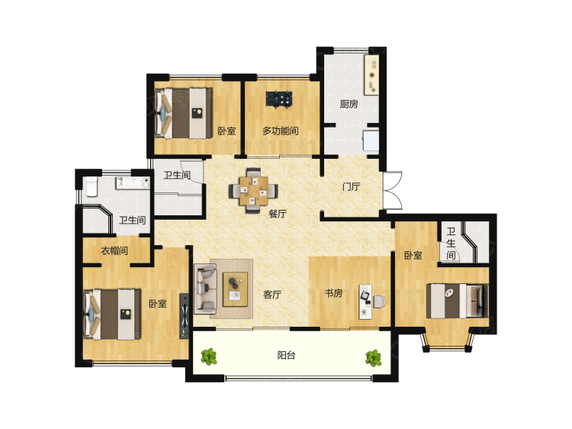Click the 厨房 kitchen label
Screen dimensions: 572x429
point(349,104)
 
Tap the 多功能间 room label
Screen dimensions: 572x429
point(280,131)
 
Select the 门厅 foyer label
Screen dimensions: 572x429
point(351,186)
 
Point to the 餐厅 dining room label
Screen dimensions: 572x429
point(278,214)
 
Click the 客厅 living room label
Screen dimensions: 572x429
point(272,295)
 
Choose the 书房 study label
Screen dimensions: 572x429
point(333,293)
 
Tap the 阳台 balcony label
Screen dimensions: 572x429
point(286,355)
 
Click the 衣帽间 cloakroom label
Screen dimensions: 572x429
point(114,251)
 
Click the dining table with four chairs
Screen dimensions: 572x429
point(253,190)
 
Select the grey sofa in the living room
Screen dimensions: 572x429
point(205,289)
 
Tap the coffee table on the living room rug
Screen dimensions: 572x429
point(236,289)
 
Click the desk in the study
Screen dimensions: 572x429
point(365,302)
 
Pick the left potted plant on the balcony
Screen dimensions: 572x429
point(209,356)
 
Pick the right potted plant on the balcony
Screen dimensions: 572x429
point(373,358)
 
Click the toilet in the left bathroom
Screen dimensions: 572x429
point(92,186)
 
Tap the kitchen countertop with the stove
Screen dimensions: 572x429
point(371,76)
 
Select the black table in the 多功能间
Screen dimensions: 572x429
point(279,99)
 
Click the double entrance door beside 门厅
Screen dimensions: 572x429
point(393,191)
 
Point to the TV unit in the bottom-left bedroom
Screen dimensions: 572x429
point(185,316)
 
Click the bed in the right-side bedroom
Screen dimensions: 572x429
point(458,302)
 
